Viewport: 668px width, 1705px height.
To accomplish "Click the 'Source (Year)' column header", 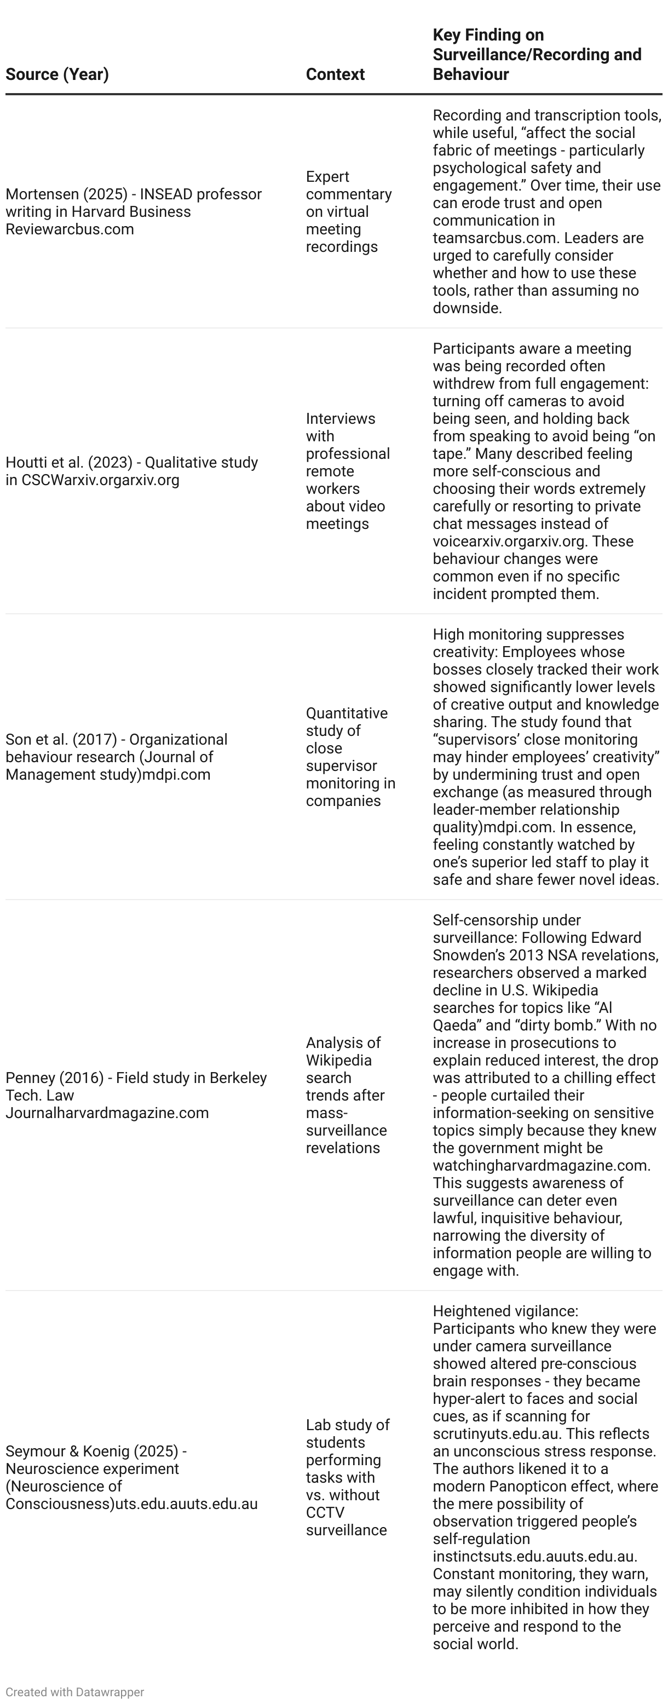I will click(x=57, y=74).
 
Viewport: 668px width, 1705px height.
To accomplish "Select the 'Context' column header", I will click(x=335, y=74).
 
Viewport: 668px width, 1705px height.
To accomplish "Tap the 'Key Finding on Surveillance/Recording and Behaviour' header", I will click(x=536, y=54).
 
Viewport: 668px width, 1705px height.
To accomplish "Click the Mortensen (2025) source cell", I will click(x=133, y=212).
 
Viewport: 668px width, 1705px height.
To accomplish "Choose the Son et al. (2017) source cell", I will click(x=116, y=757).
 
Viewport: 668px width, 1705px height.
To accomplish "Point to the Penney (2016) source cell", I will click(x=136, y=1096).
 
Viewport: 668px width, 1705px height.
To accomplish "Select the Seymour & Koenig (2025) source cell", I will click(x=131, y=1477).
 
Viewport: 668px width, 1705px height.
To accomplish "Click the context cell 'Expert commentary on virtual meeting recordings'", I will click(x=348, y=212).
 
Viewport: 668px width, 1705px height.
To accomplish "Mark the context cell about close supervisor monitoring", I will click(x=349, y=757).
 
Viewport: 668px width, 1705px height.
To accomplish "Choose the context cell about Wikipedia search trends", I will click(x=345, y=1096).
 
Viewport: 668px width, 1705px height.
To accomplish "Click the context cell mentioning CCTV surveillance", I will click(x=347, y=1477).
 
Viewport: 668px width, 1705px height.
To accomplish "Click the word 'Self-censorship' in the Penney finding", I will click(x=474, y=920).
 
